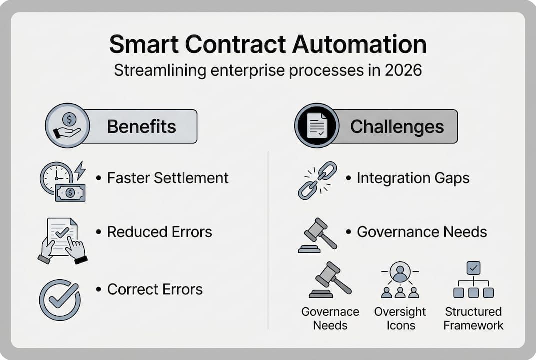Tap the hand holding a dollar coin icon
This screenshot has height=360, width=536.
[67, 126]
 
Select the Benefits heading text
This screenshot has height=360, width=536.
[141, 127]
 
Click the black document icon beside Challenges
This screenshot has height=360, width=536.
[316, 126]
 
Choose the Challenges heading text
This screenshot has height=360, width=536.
[397, 127]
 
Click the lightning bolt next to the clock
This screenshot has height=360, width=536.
[79, 171]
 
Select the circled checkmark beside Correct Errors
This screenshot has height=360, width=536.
[60, 299]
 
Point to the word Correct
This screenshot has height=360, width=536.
[129, 289]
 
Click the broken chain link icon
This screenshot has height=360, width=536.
[317, 180]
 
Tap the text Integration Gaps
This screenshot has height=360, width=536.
[413, 178]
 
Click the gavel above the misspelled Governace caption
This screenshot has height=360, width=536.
[330, 280]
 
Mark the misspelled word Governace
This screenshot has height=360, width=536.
[330, 312]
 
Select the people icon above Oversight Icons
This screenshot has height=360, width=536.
[400, 280]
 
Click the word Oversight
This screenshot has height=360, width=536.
[400, 312]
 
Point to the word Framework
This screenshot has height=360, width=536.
[473, 325]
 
